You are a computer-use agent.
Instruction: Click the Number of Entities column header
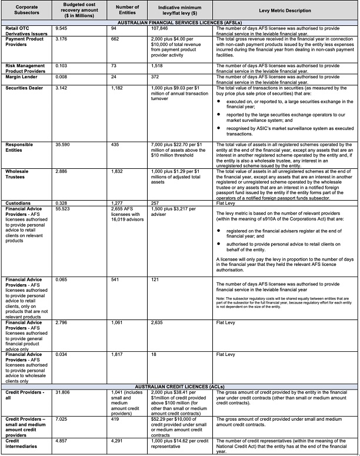[129, 11]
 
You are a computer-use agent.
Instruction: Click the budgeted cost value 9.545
[62, 28]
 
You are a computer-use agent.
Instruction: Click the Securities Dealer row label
[26, 88]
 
